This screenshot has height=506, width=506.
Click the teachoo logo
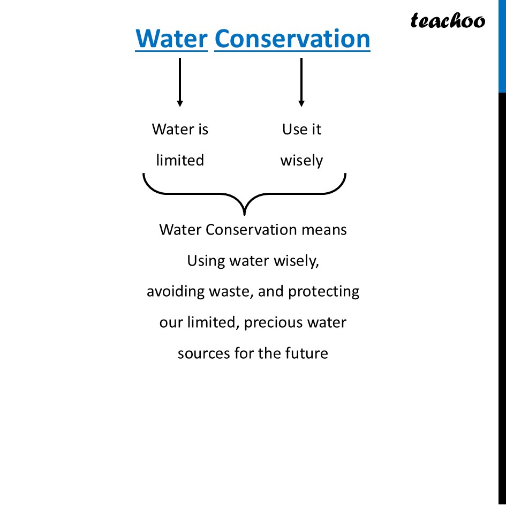(x=448, y=21)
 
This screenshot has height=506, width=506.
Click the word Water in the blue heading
(x=171, y=39)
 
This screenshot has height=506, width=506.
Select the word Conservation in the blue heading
(x=292, y=39)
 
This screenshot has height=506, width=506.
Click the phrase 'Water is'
(x=180, y=130)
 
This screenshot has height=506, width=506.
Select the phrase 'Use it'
(x=301, y=130)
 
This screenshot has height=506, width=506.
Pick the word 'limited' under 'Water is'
(x=180, y=160)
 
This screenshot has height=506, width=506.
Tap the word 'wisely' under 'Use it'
(x=301, y=161)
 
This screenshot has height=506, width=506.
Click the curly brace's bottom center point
(x=245, y=213)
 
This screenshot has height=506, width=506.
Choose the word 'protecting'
(x=323, y=292)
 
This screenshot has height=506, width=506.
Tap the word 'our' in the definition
(x=171, y=323)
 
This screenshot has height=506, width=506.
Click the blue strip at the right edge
(x=502, y=46)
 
